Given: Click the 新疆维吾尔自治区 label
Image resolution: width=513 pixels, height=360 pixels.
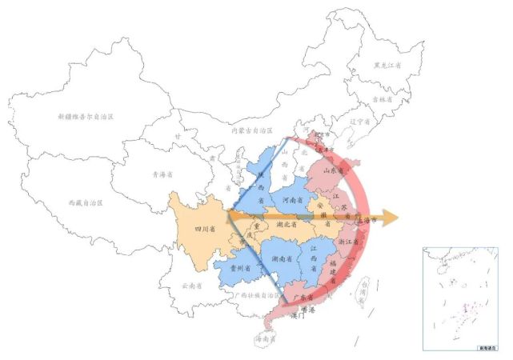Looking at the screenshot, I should click(x=86, y=117).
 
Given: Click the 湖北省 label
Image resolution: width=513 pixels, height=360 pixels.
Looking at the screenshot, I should click(x=287, y=225).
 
